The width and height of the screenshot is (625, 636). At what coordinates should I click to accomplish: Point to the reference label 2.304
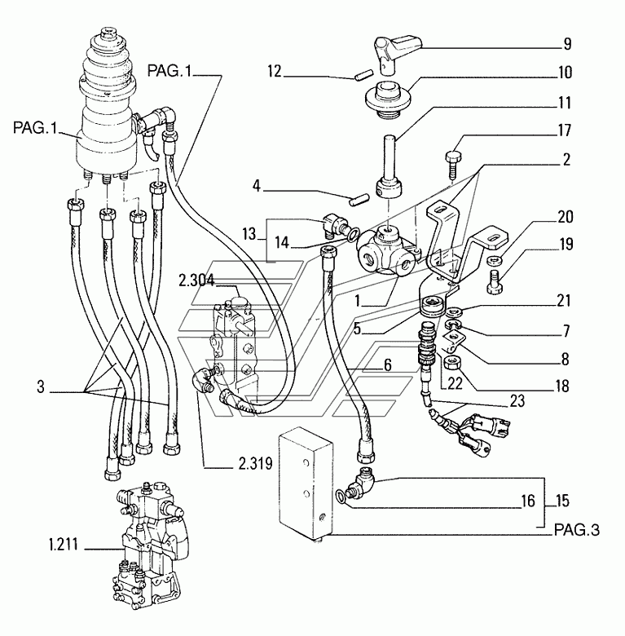pos(196,280)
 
